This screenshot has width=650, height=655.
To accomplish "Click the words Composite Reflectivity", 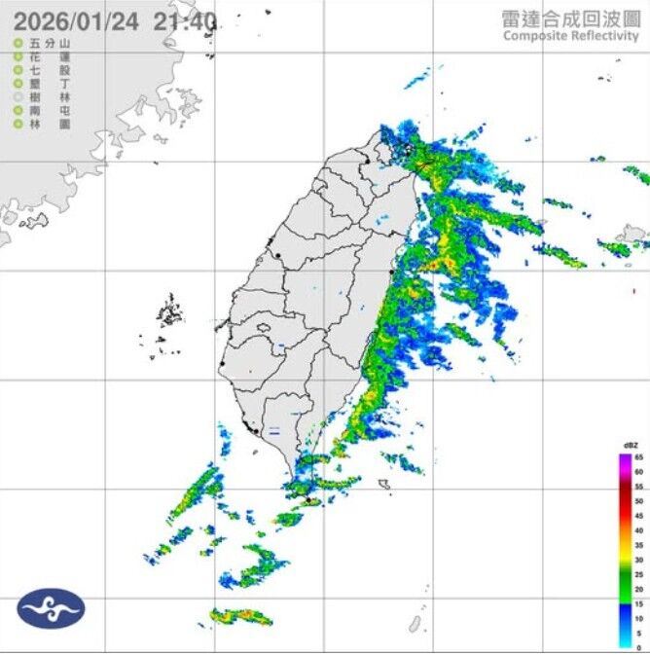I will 570,36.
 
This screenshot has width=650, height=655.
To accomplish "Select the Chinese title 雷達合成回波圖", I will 570,18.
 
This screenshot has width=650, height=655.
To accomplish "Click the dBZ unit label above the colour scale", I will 631,446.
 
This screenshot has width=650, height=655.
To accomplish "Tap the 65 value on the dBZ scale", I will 638,456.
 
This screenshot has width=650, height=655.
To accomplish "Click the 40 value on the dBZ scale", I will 638,530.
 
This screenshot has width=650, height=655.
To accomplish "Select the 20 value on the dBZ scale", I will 638,590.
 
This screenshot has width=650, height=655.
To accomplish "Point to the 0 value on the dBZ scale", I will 638,648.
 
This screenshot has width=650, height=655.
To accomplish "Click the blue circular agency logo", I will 51,607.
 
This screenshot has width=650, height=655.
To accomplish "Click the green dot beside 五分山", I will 18,44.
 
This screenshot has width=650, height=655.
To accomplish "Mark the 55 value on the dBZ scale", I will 638,486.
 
